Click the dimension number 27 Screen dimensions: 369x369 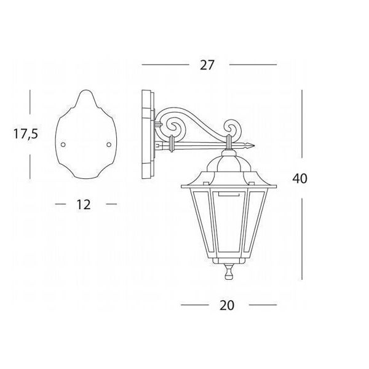coord(207,65)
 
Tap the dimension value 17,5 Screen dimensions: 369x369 coord(25,134)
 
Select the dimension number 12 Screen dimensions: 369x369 coord(83,205)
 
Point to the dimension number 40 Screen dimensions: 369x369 coord(300,178)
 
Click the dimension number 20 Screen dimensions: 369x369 coord(227,305)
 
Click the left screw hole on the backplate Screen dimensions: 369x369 coord(63,145)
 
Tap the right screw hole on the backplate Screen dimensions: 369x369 coord(108,145)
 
